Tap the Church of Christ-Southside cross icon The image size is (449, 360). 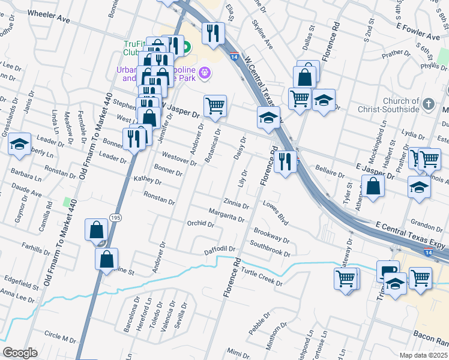tap(428, 104)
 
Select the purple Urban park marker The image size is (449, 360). tap(205, 73)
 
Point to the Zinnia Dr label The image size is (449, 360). tap(236, 204)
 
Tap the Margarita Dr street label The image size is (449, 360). tap(226, 215)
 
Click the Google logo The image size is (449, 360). tap(20, 353)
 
